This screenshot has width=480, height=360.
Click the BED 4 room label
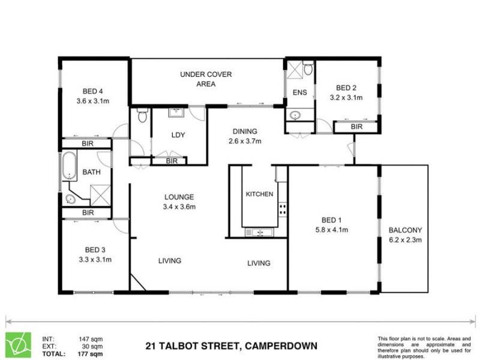(92, 91)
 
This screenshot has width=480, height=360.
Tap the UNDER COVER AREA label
(206, 74)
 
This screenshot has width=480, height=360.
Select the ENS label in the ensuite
(299, 92)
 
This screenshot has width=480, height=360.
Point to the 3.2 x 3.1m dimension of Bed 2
(346, 97)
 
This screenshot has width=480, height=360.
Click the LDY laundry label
(178, 135)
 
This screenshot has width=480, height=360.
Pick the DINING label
(245, 131)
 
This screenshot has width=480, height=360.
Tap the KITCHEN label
(260, 194)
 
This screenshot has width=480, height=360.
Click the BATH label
(91, 172)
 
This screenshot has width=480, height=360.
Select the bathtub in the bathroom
(69, 165)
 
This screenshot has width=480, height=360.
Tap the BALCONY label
(406, 230)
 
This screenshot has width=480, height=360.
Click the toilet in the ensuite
(308, 70)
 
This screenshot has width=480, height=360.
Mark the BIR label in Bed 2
(356, 127)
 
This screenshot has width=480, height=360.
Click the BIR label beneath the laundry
(172, 161)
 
